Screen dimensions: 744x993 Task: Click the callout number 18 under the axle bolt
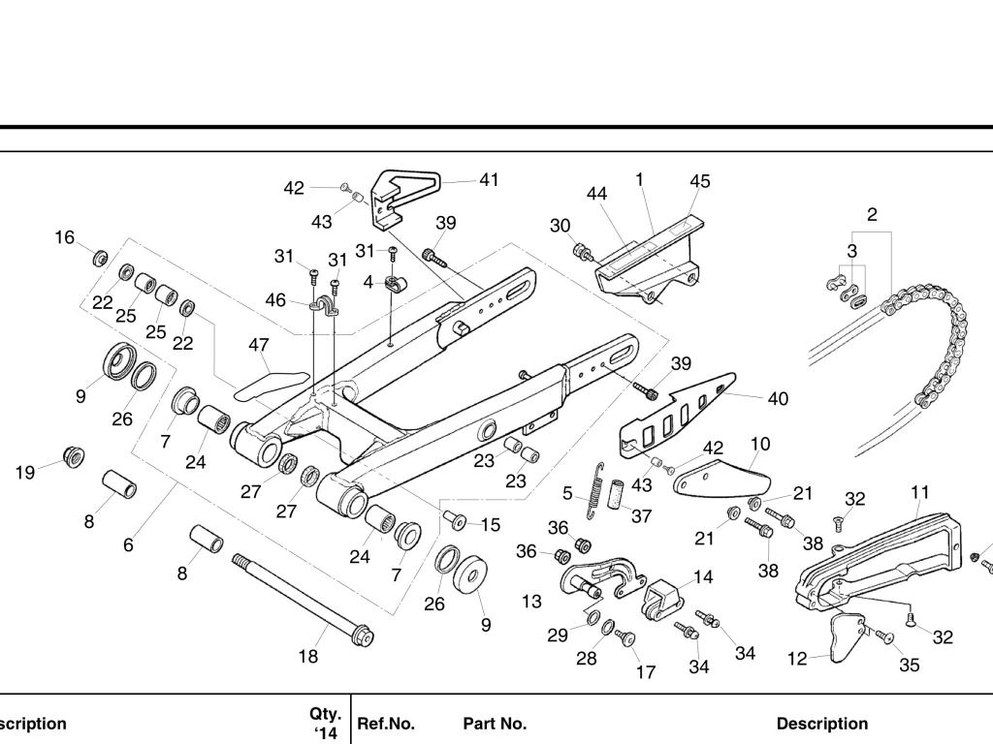(x=307, y=657)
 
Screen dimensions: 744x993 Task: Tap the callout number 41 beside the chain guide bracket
(x=489, y=179)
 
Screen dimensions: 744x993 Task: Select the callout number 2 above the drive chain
(x=872, y=214)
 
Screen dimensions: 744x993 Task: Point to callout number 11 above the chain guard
(x=919, y=492)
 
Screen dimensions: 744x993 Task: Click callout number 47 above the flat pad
(x=258, y=345)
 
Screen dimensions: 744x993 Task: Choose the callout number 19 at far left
(x=25, y=473)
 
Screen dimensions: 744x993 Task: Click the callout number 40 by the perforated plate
(x=778, y=398)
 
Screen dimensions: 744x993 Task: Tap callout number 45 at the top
(x=699, y=181)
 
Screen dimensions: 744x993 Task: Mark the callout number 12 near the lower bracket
(x=797, y=659)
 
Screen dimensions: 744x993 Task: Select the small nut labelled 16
(x=99, y=260)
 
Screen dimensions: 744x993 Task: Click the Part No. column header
(x=495, y=724)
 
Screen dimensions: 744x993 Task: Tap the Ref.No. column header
(x=386, y=724)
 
